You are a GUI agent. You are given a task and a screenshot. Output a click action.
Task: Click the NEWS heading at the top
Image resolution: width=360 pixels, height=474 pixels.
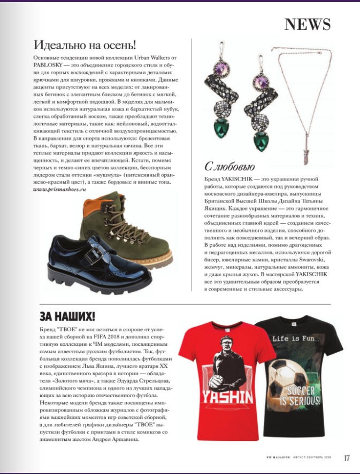(307, 24)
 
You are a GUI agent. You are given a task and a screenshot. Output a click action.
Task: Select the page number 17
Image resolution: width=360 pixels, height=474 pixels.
(346, 457)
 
